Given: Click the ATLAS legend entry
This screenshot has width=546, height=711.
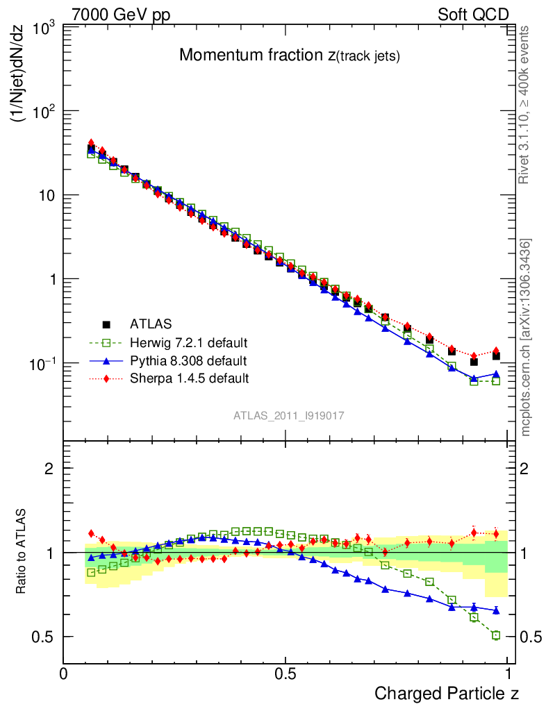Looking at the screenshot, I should coord(150,324).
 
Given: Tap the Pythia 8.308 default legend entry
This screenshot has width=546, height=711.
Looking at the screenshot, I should coord(188,360).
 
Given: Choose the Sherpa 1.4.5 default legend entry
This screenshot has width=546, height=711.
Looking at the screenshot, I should coord(189,378).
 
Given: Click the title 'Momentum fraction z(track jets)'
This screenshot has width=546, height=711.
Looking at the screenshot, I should coord(289,56).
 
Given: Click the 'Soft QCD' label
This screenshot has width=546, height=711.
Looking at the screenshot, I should coord(473,15).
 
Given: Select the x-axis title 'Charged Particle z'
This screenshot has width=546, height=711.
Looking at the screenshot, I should coord(447,693).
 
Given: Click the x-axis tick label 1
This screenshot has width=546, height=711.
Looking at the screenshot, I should coord(508,673).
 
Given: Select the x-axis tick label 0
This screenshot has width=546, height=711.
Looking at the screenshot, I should coord(63,673).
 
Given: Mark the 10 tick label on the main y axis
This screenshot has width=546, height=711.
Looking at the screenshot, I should coord(47,195).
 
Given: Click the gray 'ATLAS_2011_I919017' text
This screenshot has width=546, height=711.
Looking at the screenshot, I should coord(289,415).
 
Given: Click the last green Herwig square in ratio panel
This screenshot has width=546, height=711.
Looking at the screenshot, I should coord(496,635).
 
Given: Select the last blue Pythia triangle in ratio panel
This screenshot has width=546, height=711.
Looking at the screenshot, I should coord(496,610).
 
